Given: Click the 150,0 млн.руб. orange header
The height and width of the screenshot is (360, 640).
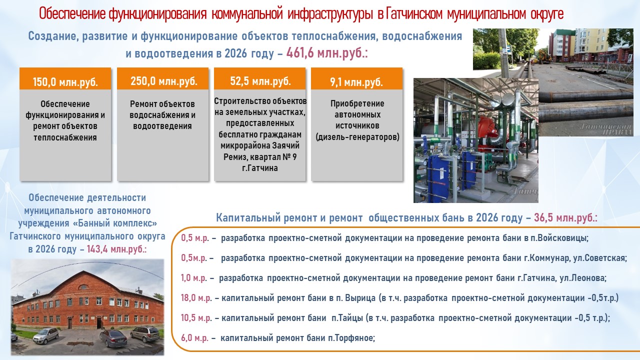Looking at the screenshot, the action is tap(65, 79).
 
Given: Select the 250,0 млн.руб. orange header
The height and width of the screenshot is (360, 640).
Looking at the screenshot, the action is tap(162, 79).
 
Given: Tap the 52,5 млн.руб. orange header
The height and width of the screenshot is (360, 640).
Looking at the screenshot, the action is tap(259, 79).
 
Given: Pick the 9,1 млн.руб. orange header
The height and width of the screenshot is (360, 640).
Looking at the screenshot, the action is tap(356, 79).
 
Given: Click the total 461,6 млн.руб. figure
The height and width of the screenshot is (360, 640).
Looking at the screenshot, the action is tap(327, 53).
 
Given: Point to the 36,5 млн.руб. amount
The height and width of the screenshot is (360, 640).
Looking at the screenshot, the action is tap(565, 217).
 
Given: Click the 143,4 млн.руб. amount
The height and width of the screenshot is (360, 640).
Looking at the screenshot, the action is tap(116, 249).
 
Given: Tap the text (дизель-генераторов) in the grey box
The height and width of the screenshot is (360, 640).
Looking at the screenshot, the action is tap(357, 137).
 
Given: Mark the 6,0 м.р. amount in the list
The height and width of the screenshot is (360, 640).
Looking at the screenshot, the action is tap(194, 338).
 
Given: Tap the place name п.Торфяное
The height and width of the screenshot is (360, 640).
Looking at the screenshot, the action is tap(351, 338).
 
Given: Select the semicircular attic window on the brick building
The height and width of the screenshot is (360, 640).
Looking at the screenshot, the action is tap(83, 287).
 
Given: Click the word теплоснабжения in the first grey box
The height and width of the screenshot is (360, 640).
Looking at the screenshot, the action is tap(65, 137).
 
